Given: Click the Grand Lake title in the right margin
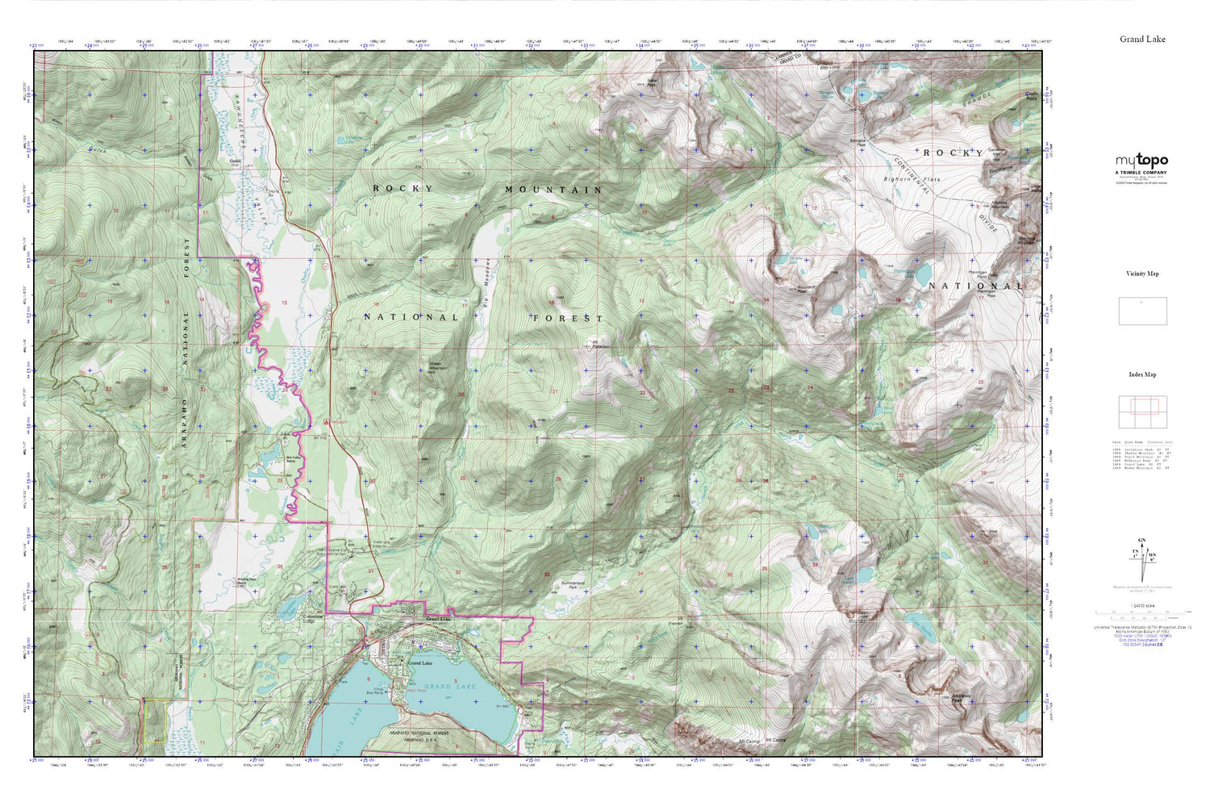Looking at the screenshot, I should [1141, 39].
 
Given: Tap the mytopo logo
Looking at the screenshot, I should [1141, 161].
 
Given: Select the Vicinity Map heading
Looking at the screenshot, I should [1141, 274].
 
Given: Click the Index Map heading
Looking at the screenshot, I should [1141, 374].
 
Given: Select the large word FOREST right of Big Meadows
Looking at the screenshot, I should [567, 318].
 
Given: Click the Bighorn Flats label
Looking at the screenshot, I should [906, 178].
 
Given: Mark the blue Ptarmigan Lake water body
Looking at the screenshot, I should [922, 275].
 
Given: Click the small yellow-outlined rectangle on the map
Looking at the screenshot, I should [154, 721].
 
